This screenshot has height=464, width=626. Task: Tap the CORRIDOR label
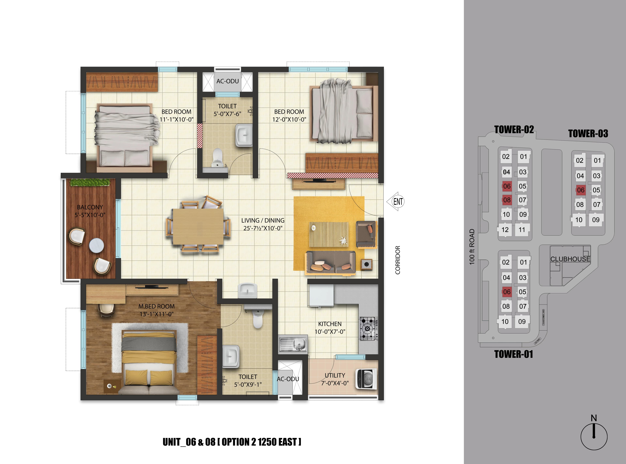(x=398, y=260)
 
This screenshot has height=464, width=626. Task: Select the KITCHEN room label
(x=330, y=324)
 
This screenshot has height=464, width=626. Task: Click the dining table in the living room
(x=198, y=226)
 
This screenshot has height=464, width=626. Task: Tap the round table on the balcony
(x=96, y=245)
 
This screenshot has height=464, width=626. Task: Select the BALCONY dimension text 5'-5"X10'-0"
(x=90, y=215)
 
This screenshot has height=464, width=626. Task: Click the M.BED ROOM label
(x=156, y=307)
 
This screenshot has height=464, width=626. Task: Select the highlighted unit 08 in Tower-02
(x=507, y=200)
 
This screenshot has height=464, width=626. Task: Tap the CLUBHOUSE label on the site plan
(x=570, y=259)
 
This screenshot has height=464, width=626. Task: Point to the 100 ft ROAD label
(x=472, y=247)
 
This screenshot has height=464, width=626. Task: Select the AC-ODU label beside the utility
(x=288, y=379)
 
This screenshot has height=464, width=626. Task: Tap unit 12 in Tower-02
(x=505, y=230)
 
